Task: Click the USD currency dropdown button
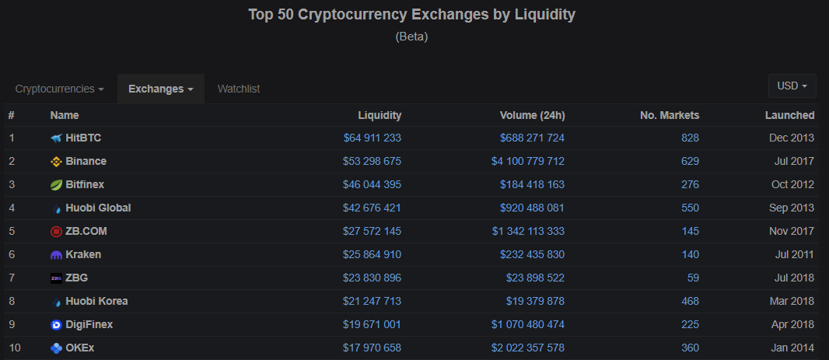[792, 86]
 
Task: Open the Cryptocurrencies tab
[59, 89]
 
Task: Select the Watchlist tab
[239, 89]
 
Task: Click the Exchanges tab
[160, 89]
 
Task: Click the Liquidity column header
[380, 115]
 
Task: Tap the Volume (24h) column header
[532, 115]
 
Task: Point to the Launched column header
[789, 115]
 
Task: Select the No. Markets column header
[670, 115]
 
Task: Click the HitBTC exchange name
[83, 138]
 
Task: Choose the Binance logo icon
[56, 161]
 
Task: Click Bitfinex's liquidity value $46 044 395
[372, 184]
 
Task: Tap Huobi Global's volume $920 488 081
[532, 208]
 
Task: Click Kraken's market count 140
[690, 254]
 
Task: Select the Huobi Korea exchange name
[96, 301]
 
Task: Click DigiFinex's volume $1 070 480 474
[528, 324]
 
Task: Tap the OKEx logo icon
[56, 348]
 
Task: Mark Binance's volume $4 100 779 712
[528, 161]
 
